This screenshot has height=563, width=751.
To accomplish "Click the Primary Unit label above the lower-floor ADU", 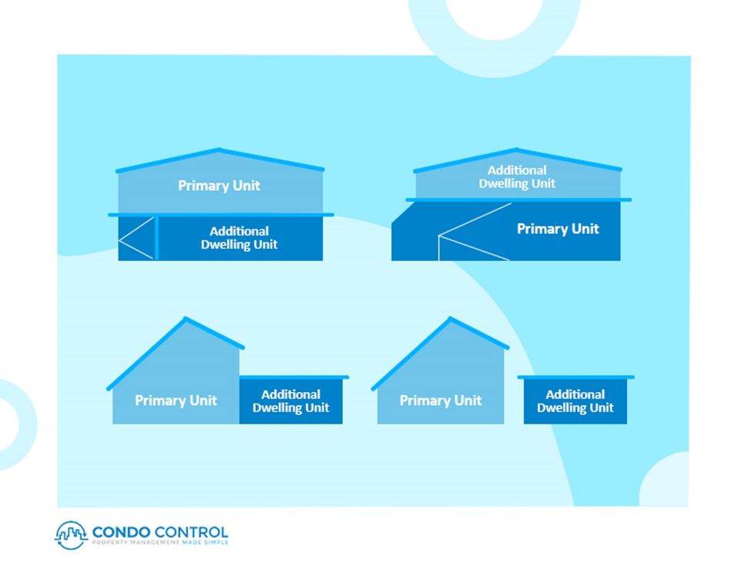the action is point(219,186).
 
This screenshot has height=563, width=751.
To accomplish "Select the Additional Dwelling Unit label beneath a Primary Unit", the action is point(239,238).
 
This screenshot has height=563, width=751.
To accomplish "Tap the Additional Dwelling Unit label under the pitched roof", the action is point(517,176).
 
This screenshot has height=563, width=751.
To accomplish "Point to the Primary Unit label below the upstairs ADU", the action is point(558,229).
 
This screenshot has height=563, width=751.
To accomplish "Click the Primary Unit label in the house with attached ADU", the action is point(176,400).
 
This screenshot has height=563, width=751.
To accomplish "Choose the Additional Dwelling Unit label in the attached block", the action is point(290,401).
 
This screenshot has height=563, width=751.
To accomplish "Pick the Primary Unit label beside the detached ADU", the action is point(441,400).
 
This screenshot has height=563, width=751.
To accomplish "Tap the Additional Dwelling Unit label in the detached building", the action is point(575,401).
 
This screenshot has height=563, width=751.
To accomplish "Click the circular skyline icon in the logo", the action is point(72,535).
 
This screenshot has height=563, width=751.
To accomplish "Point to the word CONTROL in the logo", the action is point(192,532).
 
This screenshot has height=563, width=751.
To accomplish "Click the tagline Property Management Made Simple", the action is point(160,542).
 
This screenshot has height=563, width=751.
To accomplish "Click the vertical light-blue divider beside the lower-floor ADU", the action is point(156,238).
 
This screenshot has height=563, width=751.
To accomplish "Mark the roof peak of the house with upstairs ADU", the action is point(517,150).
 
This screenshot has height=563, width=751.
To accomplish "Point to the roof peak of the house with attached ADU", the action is point(186,318).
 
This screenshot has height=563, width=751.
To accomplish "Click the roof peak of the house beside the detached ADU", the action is point(451,318).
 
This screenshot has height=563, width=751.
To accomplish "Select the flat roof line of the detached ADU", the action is point(575,377).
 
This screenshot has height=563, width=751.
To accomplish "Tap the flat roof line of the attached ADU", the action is point(294,377).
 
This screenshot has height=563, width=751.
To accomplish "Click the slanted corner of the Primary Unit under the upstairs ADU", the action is point(404,213).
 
